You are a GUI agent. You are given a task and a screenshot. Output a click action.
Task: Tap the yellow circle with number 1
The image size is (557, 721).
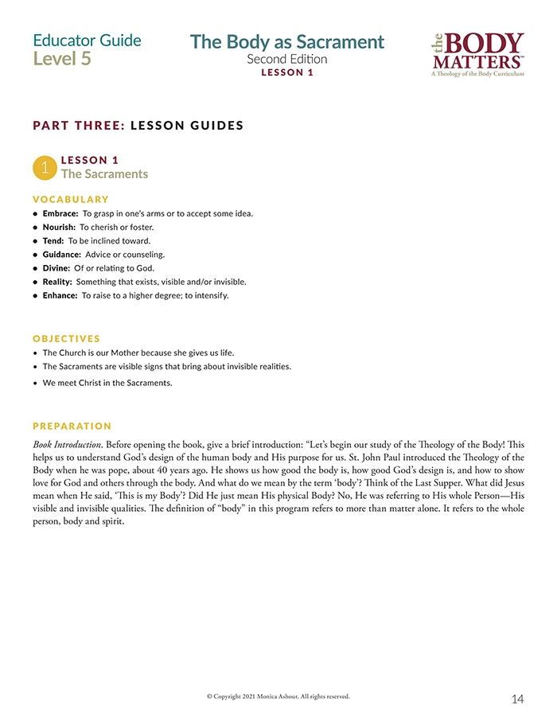click(x=45, y=167)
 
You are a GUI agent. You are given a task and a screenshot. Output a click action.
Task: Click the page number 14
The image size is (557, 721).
click(x=517, y=699)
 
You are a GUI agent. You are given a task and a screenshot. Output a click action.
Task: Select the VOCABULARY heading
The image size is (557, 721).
click(x=71, y=199)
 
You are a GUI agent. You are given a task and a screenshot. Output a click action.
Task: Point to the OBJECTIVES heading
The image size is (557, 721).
click(x=67, y=338)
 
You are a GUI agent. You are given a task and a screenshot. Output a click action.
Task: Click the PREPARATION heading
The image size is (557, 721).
click(x=72, y=426)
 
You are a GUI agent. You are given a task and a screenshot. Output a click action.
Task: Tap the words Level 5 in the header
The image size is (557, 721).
click(x=62, y=59)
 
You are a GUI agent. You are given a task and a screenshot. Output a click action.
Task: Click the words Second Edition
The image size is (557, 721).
click(x=286, y=59)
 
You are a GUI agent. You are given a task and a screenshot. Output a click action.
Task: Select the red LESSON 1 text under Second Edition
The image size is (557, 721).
click(x=287, y=72)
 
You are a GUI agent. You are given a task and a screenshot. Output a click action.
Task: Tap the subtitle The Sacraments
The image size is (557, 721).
click(x=104, y=173)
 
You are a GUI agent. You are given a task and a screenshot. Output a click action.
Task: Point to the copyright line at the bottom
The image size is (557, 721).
click(x=278, y=696)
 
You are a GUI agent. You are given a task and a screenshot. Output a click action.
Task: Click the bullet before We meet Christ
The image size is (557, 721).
click(x=36, y=383)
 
